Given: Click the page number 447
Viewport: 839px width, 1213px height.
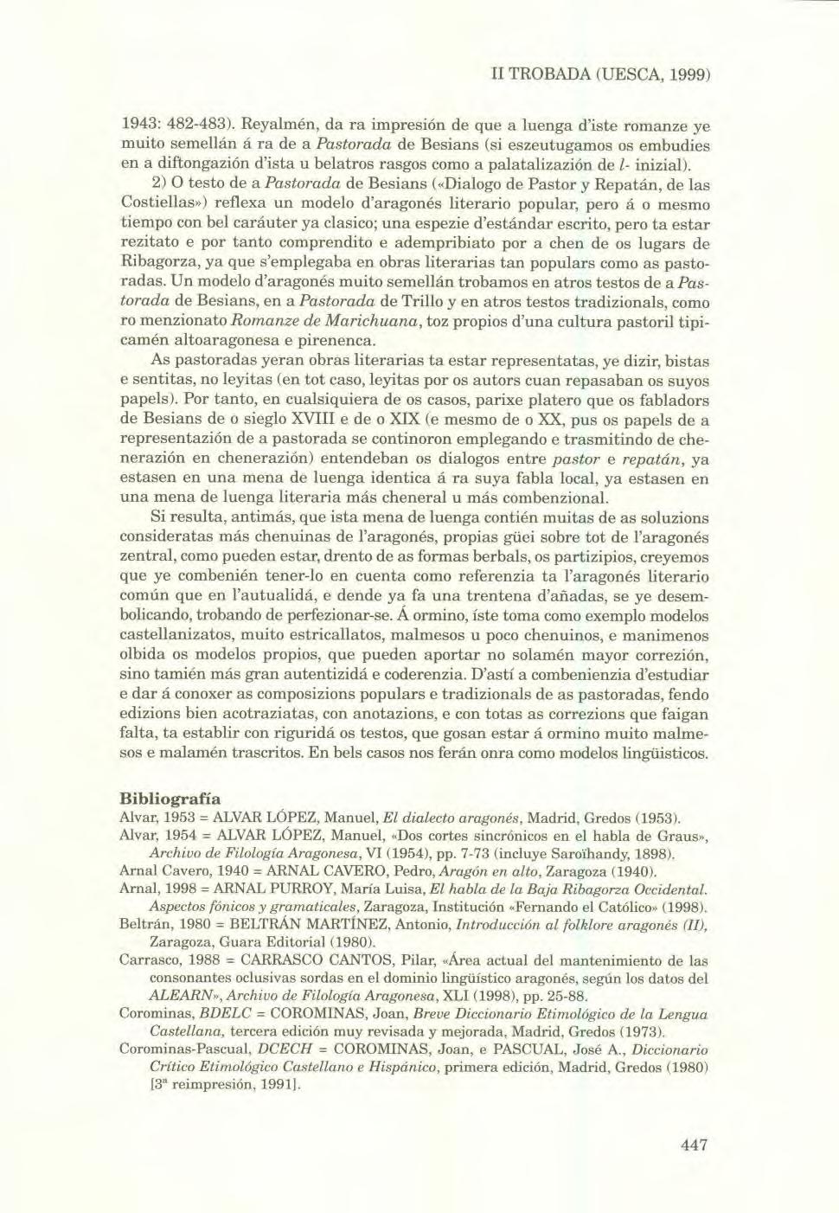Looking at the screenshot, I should pos(695,1145).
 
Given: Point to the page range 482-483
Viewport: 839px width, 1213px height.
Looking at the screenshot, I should pos(201,125).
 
